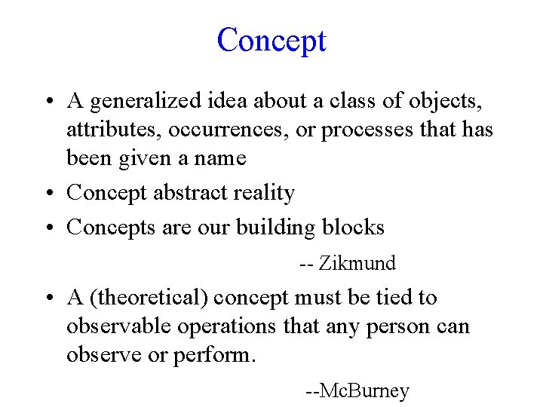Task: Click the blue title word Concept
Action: (x=271, y=40)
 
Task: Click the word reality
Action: (x=264, y=193)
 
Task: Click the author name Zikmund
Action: (x=357, y=264)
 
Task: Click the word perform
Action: (x=215, y=355)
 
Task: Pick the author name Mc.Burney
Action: (x=364, y=391)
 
